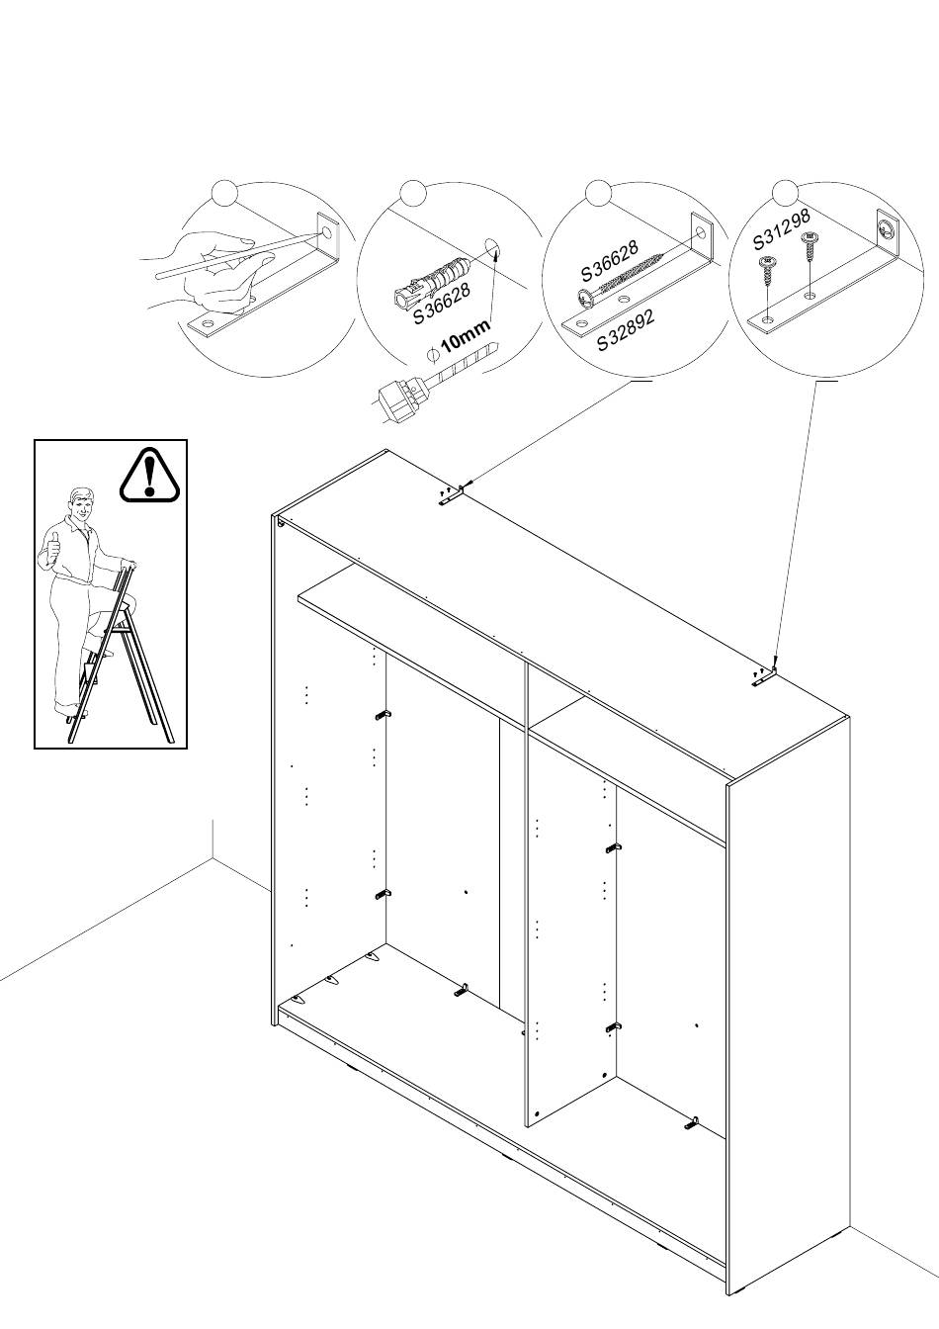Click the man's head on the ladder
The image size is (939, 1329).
pos(82,506)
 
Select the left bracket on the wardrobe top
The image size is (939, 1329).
pos(451,500)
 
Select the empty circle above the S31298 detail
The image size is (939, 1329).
pos(784,193)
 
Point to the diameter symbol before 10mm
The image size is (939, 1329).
pos(431,354)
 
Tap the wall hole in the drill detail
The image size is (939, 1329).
pos(494,247)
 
